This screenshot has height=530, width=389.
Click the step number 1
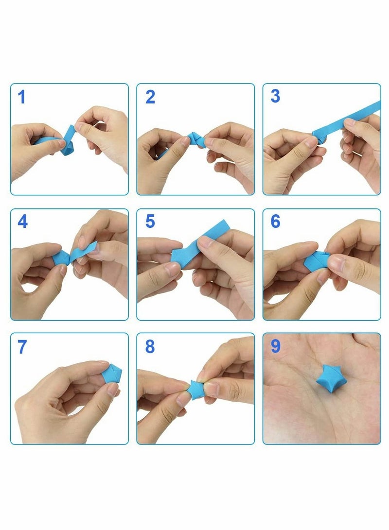click(22, 97)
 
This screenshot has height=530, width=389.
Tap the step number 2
click(150, 97)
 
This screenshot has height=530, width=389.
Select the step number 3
click(275, 96)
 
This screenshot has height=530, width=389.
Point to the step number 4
click(23, 222)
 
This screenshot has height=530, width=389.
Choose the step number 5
click(150, 222)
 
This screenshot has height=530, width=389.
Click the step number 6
click(275, 221)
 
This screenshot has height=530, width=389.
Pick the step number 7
click(22, 347)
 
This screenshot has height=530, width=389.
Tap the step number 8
click(150, 346)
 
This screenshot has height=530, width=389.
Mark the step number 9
click(275, 346)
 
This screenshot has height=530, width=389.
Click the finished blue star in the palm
click(327, 378)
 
